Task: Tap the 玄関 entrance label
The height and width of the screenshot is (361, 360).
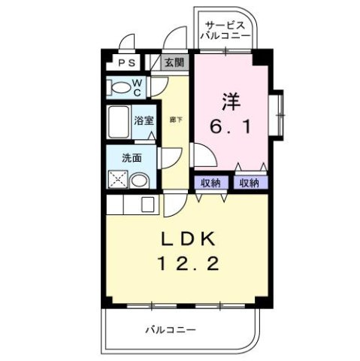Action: point(173,63)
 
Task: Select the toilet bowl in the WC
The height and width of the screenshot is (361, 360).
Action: point(119,87)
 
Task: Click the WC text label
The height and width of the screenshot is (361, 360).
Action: point(138,86)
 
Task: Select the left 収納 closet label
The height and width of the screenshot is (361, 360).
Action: point(210,182)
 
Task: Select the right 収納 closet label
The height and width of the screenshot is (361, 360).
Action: point(248,182)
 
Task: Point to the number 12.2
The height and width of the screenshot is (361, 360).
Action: point(188,264)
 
